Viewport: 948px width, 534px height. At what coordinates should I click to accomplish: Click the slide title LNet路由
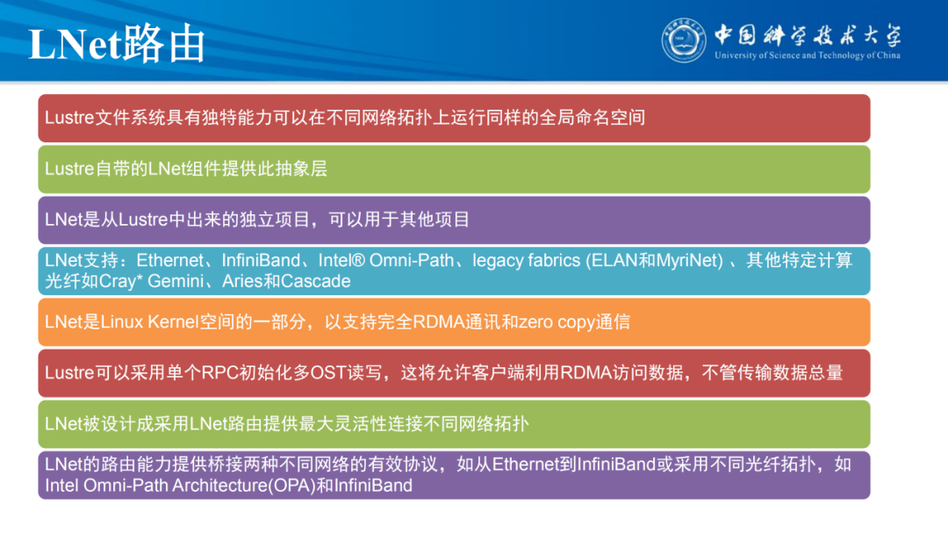tap(117, 44)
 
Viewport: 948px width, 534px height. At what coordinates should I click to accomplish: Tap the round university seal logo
tap(684, 40)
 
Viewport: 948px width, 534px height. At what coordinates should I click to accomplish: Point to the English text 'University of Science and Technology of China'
tap(808, 55)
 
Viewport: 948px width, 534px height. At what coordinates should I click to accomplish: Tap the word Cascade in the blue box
tap(319, 282)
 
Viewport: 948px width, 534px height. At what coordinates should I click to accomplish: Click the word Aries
tap(242, 282)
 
